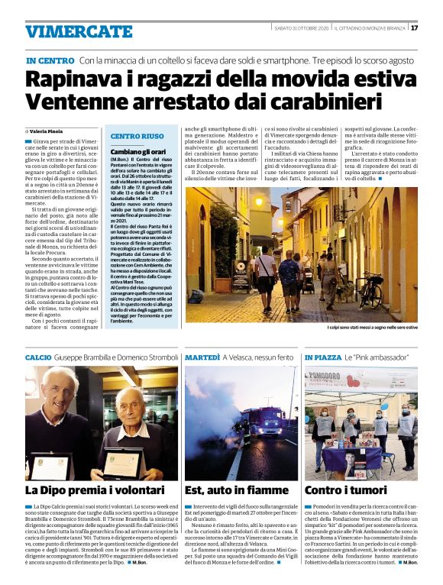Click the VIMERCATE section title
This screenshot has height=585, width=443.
click(79, 31)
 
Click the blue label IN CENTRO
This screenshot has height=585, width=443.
click(50, 60)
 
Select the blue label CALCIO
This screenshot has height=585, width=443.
click(38, 357)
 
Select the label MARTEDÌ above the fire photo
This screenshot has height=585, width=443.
click(202, 357)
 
